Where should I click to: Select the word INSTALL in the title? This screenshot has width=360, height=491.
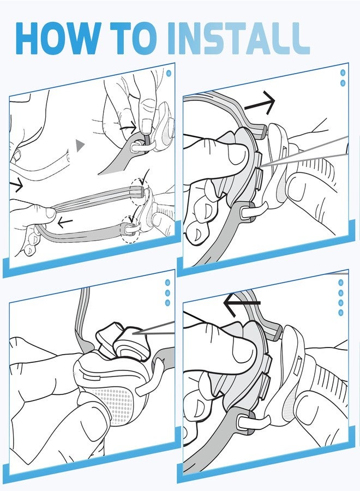[x=238, y=38]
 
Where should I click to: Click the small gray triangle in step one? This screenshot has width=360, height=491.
[x=80, y=145]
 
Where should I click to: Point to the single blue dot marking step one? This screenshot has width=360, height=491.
[x=169, y=74]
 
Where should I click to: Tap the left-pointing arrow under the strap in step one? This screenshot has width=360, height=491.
[x=65, y=223]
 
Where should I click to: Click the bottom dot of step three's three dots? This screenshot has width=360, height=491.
[x=167, y=303]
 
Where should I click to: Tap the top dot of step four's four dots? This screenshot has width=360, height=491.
[x=341, y=283]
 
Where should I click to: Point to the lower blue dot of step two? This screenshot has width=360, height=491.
[x=343, y=83]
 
